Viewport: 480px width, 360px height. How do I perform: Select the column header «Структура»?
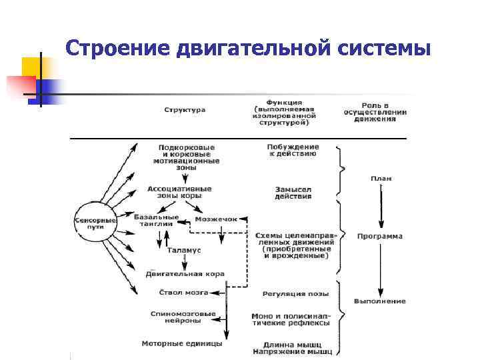[x=185, y=109]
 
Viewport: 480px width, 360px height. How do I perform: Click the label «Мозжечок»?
[x=216, y=219]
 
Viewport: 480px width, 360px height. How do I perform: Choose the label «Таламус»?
[x=184, y=249]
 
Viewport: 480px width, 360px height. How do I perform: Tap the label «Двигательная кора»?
[x=185, y=274]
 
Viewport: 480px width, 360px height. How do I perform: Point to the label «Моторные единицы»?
[x=181, y=343]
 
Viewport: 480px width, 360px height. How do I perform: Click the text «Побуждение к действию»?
[x=293, y=150]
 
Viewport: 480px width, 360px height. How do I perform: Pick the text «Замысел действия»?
[x=293, y=193]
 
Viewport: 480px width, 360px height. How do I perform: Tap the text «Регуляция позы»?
[x=293, y=293]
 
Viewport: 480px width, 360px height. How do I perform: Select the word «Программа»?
[x=379, y=236]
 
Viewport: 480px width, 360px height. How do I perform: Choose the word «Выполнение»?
[x=379, y=301]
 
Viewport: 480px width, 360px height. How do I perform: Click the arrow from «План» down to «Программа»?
[x=381, y=207]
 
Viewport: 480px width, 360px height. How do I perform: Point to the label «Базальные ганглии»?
[x=156, y=221]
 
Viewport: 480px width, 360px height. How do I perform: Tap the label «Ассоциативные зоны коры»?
[x=179, y=193]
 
